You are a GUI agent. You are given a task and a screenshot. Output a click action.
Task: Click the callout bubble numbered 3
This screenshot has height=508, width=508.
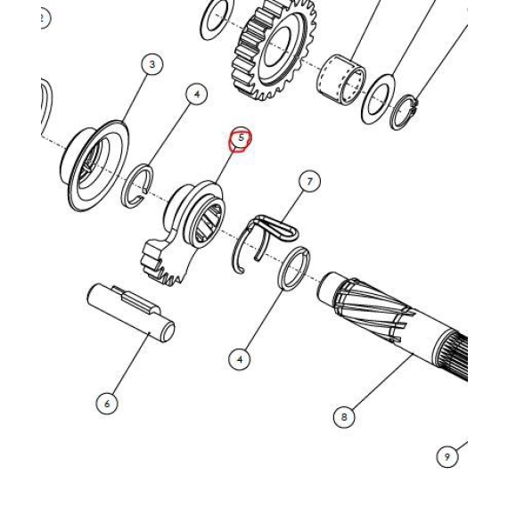pyautogui.click(x=152, y=64)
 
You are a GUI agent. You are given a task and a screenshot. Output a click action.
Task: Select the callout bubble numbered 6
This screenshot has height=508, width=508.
pyautogui.click(x=107, y=404)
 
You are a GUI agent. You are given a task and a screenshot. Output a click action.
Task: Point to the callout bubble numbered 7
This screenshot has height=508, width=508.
pyautogui.click(x=310, y=182)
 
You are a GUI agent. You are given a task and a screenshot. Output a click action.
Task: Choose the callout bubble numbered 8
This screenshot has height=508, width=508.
pyautogui.click(x=344, y=416)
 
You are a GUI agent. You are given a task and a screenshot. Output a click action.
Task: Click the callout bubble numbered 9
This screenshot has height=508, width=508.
pyautogui.click(x=447, y=456)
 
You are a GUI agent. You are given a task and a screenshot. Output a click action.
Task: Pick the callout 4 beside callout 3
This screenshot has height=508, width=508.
pyautogui.click(x=197, y=94)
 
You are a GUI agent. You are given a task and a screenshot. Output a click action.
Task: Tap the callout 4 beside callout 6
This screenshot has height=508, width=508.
pyautogui.click(x=240, y=359)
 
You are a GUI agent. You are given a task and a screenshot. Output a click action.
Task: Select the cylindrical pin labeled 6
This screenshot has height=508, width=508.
pyautogui.click(x=131, y=312)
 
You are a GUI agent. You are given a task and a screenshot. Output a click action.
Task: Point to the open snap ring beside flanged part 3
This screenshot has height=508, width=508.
pyautogui.click(x=136, y=186)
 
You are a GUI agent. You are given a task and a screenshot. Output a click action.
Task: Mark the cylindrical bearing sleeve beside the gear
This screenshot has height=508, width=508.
pyautogui.click(x=341, y=80)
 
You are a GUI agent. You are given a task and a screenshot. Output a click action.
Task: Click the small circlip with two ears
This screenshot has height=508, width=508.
pyautogui.click(x=404, y=112)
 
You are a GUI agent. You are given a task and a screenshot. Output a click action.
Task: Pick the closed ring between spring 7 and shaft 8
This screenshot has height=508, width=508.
pyautogui.click(x=294, y=268)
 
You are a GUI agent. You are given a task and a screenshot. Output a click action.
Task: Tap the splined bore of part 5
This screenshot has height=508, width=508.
pyautogui.click(x=208, y=224)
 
